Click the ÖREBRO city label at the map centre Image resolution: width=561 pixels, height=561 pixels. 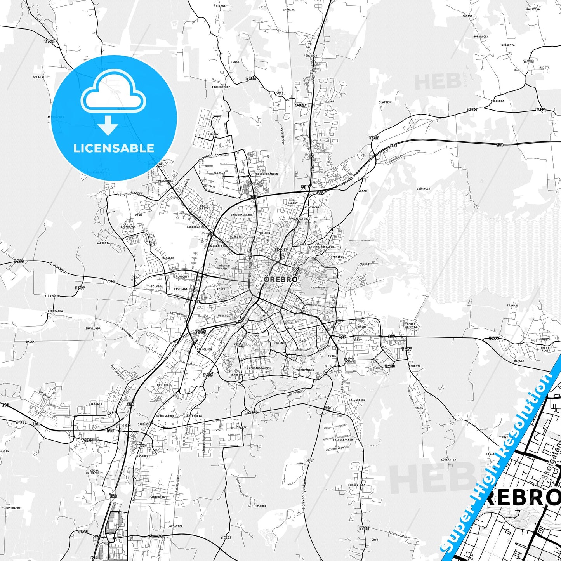click(x=281, y=279)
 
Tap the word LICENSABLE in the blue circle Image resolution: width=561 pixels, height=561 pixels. click(x=114, y=148)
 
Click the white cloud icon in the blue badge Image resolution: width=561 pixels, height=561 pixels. click(x=113, y=95)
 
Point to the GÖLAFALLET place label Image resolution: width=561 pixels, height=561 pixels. click(x=42, y=77)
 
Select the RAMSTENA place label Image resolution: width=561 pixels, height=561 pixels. click(x=533, y=9)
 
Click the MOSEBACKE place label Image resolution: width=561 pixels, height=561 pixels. click(x=13, y=508)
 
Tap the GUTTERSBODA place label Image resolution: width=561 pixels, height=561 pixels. click(x=257, y=506)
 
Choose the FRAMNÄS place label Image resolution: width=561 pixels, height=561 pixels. click(x=512, y=306)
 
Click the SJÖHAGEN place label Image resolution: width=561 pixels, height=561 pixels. click(x=423, y=189)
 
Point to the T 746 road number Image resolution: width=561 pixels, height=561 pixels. click(x=49, y=41)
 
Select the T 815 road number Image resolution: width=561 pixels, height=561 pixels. click(x=528, y=61)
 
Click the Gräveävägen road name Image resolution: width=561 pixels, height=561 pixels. click(x=58, y=267)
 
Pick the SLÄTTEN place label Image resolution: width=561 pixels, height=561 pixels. click(x=384, y=102)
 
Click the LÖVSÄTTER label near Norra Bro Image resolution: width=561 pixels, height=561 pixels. click(x=448, y=460)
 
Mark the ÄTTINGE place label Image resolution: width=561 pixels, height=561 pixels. click(x=219, y=6)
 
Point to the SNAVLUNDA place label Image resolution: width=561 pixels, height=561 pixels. click(x=93, y=328)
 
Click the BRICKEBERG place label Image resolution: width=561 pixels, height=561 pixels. click(x=357, y=399)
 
